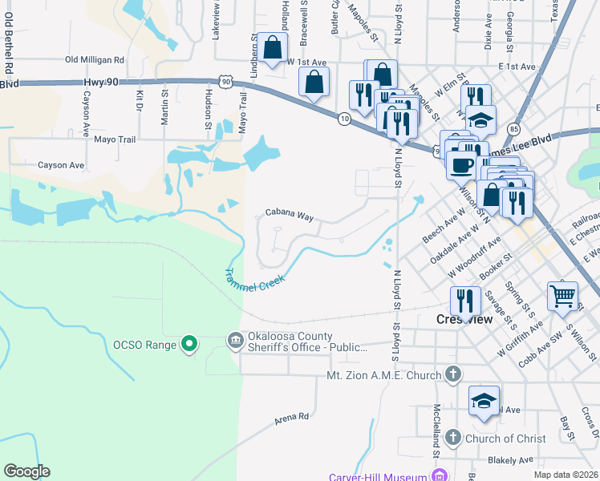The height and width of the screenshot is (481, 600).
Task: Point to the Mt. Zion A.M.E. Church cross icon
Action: click(x=453, y=374)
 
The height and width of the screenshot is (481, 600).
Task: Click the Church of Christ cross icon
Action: click(x=453, y=438)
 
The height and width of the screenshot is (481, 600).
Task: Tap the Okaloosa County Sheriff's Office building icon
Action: click(x=235, y=341)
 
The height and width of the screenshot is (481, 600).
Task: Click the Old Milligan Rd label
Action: click(x=95, y=59)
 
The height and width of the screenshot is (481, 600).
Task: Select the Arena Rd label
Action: click(x=291, y=417)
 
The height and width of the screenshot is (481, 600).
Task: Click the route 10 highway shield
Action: click(x=343, y=119)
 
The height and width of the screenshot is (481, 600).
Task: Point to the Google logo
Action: click(x=26, y=471)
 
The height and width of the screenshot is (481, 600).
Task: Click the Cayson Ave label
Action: click(x=61, y=165)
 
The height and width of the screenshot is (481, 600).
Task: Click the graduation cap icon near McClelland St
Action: click(x=484, y=401)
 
